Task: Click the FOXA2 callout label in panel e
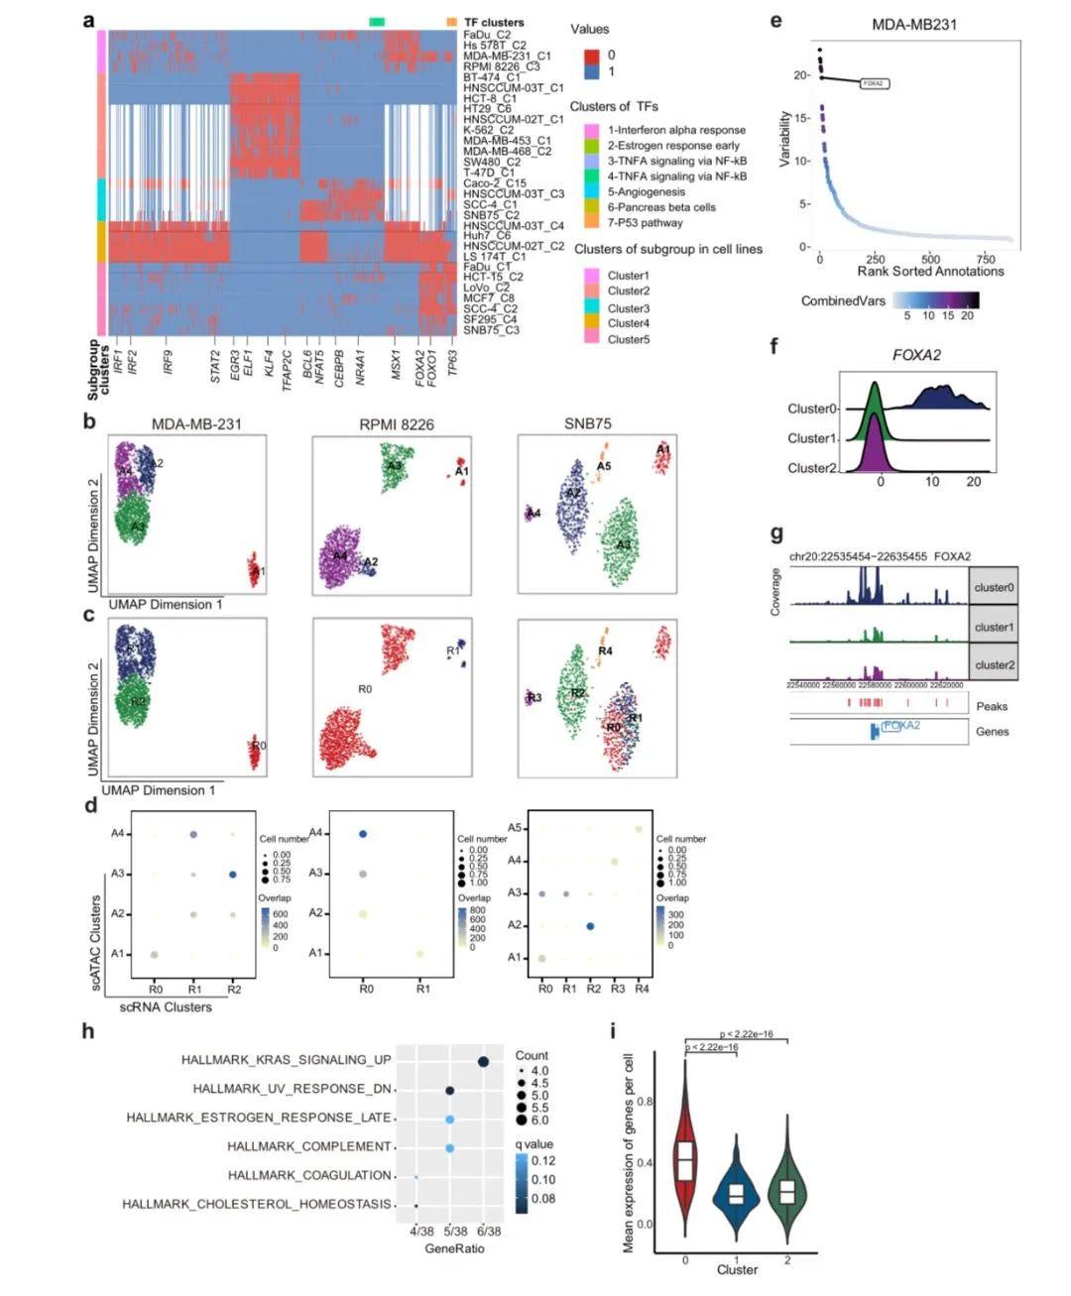pyautogui.click(x=873, y=84)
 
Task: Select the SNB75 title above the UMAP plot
pyautogui.click(x=587, y=423)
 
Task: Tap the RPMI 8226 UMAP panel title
pyautogui.click(x=397, y=423)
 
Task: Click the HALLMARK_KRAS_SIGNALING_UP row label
pyautogui.click(x=286, y=1060)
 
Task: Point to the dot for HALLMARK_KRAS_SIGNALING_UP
pyautogui.click(x=483, y=1062)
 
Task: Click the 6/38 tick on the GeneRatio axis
pyautogui.click(x=483, y=1231)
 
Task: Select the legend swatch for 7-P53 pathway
pyautogui.click(x=591, y=223)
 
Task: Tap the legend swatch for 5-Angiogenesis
pyautogui.click(x=591, y=191)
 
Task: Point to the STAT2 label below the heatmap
pyautogui.click(x=215, y=366)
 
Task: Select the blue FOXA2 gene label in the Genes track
pyautogui.click(x=901, y=726)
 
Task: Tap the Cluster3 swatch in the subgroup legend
pyautogui.click(x=591, y=307)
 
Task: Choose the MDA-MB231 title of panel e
pyautogui.click(x=913, y=24)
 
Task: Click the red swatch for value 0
pyautogui.click(x=591, y=56)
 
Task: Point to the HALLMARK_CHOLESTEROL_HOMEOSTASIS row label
pyautogui.click(x=257, y=1204)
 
